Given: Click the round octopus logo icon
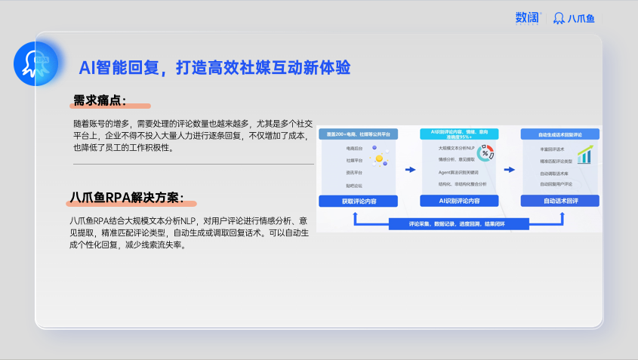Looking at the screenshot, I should click(36, 63).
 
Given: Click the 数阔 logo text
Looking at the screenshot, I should click(527, 17).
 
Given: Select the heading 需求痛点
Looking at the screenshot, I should click(100, 101).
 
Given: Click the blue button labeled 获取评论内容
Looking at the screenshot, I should click(357, 201).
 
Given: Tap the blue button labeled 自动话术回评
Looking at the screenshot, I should click(560, 201).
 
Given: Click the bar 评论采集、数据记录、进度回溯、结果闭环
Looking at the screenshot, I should click(458, 224).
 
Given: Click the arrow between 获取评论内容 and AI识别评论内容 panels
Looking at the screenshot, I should click(410, 170).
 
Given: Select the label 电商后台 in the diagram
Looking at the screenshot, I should click(354, 149).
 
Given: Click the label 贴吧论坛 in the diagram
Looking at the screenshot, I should click(354, 185).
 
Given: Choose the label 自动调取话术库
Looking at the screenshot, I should click(555, 173).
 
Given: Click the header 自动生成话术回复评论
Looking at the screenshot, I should click(559, 134).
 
